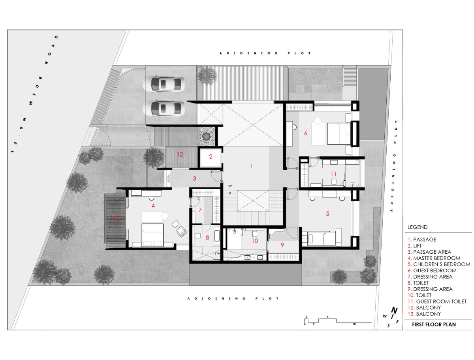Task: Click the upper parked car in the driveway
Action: [164, 84]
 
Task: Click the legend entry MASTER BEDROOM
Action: [434, 258]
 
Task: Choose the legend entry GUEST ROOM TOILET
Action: [437, 301]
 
